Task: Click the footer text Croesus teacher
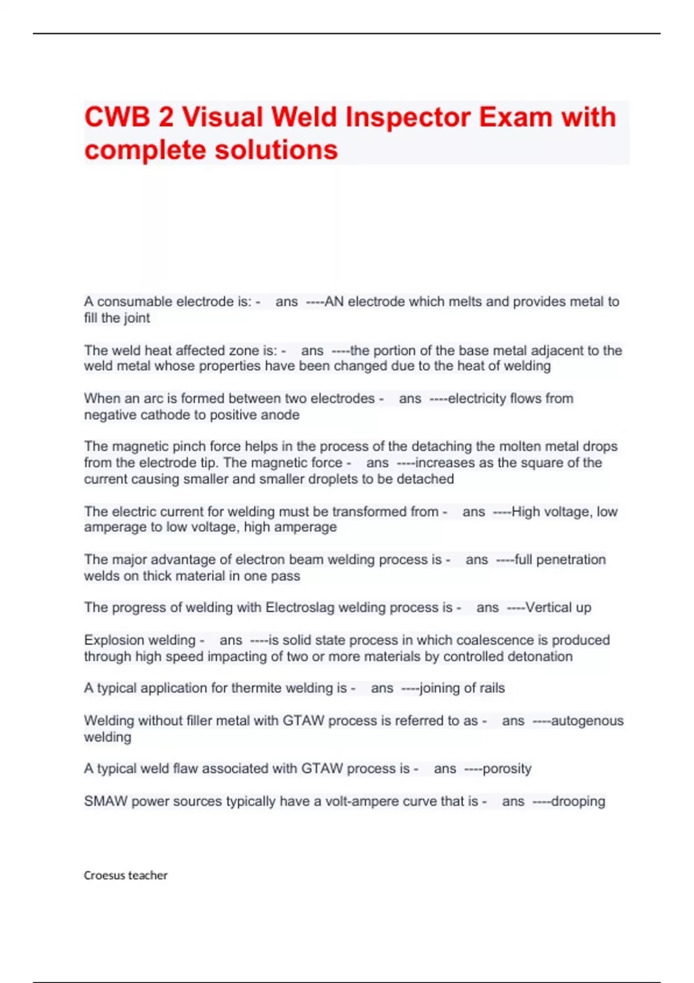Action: point(125,875)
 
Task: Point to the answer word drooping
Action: point(578,801)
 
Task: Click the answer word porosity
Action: point(507,768)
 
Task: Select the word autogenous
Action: point(587,720)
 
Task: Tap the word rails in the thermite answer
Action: point(492,688)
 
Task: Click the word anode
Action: point(283,415)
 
